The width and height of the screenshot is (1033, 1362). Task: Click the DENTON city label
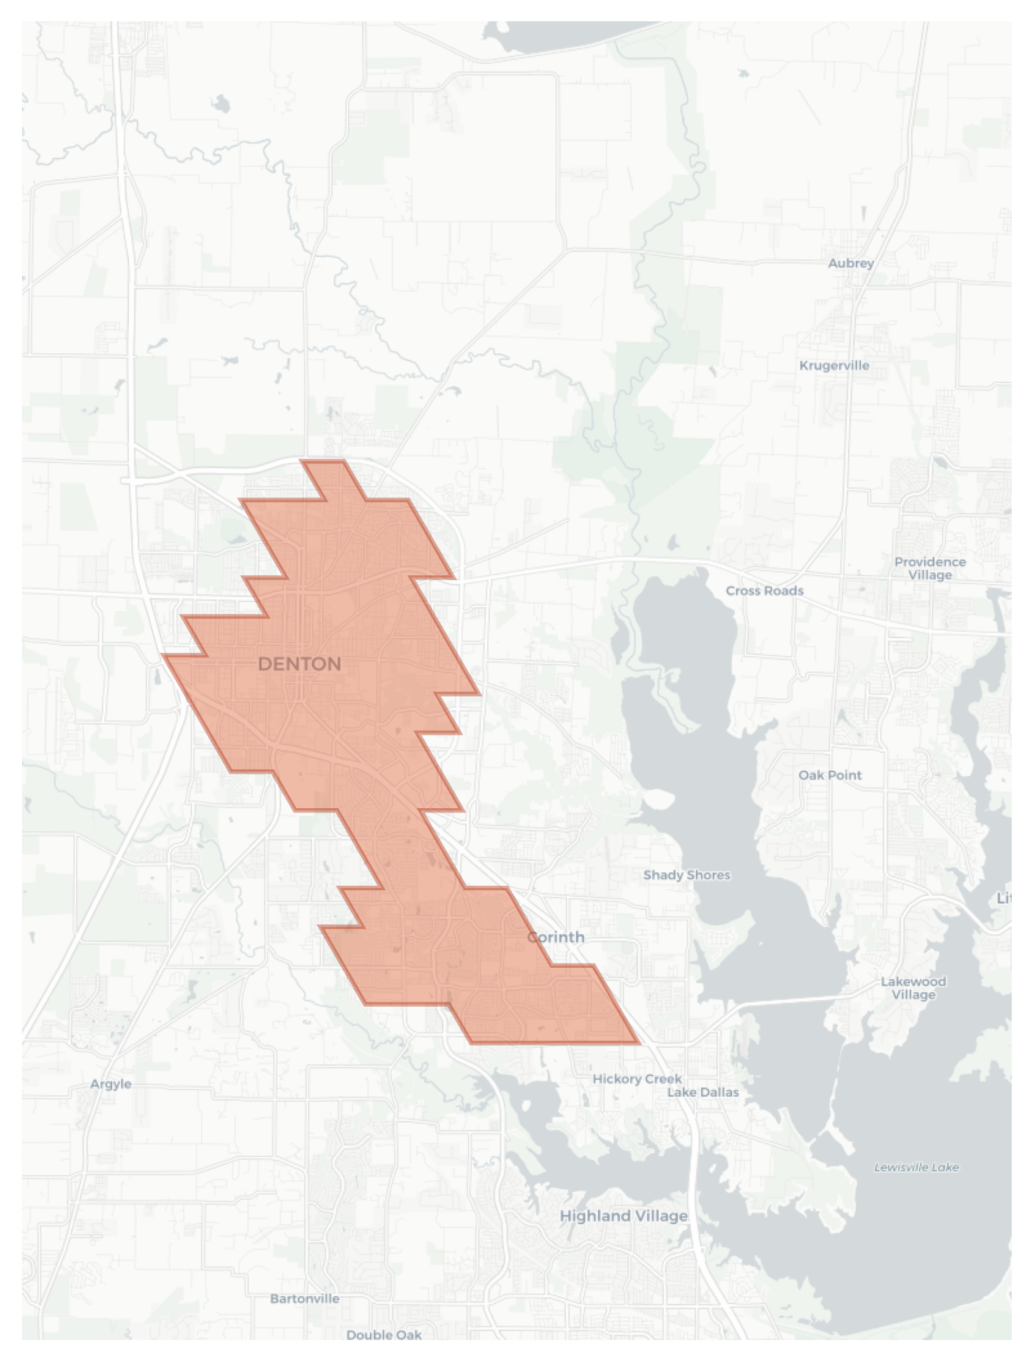tap(300, 664)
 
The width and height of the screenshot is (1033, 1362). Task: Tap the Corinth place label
tap(556, 937)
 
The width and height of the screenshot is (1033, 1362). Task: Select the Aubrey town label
tap(851, 263)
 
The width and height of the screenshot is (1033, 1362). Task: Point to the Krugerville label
tap(834, 365)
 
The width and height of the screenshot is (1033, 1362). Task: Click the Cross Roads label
tap(764, 591)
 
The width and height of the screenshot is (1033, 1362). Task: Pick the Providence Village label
tap(930, 568)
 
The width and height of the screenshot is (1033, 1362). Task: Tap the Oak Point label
tap(830, 774)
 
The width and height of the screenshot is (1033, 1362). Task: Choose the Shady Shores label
tap(686, 874)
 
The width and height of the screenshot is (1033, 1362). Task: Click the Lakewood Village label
tap(913, 988)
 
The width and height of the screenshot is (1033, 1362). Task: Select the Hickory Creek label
tap(637, 1078)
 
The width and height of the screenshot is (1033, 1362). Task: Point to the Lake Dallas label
tap(703, 1092)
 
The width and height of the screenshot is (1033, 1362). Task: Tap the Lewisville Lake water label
tap(916, 1167)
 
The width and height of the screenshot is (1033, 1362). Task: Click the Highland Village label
tap(623, 1215)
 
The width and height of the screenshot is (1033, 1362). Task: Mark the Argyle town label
tap(111, 1084)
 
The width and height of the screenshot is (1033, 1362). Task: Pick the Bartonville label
tap(304, 1298)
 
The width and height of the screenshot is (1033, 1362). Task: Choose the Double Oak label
tap(383, 1334)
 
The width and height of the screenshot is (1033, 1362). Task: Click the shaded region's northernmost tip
tap(322, 462)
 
